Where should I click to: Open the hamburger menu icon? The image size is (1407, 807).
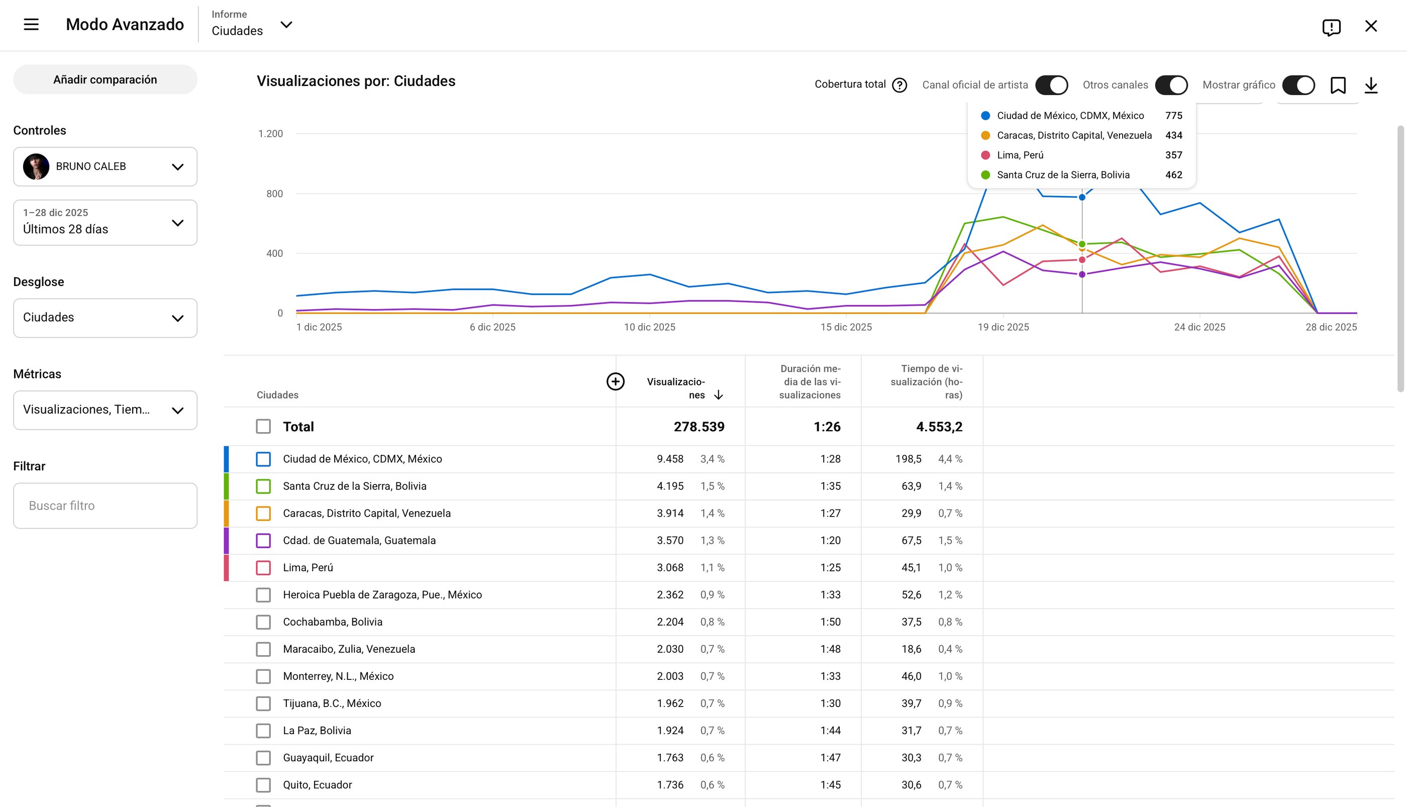31,25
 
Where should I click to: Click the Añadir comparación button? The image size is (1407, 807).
105,79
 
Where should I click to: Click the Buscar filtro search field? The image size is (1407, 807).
105,506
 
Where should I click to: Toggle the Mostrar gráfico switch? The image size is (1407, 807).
1298,85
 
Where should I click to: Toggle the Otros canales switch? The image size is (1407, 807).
1171,85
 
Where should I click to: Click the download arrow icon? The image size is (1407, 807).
1371,85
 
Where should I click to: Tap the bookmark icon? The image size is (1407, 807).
1338,85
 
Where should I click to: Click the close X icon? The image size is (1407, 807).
1371,26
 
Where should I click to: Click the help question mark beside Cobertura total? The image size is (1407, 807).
899,85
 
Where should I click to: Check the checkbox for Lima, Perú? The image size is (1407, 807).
263,567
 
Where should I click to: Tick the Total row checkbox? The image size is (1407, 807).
263,426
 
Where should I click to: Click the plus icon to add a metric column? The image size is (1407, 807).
615,381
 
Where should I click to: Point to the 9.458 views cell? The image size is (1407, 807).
670,459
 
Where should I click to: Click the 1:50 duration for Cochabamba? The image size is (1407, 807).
830,622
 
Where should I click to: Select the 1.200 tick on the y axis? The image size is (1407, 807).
270,134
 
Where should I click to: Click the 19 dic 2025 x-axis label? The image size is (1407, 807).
1003,327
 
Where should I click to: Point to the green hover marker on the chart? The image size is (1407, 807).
1082,244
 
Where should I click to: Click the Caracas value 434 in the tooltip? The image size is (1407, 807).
1174,135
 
